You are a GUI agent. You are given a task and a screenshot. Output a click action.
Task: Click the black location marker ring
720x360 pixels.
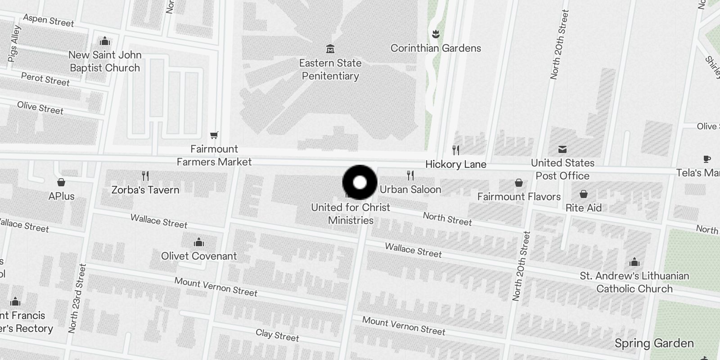tap(360, 183)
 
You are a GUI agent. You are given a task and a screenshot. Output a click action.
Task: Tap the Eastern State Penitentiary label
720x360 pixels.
tap(330, 69)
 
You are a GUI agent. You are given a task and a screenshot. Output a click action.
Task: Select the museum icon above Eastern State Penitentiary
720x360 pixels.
tap(330, 49)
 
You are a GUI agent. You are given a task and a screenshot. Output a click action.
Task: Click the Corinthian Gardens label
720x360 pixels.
tap(436, 48)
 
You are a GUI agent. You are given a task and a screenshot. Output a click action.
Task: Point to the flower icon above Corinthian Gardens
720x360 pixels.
tap(435, 34)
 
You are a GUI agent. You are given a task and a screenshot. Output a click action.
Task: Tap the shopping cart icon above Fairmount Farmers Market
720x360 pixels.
tap(214, 135)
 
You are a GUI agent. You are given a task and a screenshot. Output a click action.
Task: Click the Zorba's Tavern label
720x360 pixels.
tap(145, 190)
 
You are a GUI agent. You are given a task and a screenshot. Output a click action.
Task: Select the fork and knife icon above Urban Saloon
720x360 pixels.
tap(410, 175)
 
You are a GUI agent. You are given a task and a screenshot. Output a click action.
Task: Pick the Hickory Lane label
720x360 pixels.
tap(456, 164)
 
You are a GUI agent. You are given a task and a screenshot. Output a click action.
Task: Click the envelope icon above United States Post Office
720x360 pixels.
tap(562, 149)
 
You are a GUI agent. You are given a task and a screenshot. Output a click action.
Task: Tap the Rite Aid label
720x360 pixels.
tap(584, 208)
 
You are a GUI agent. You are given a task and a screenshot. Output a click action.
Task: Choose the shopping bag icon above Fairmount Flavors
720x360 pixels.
tap(519, 183)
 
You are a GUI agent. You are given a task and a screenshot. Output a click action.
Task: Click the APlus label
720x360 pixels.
tap(62, 196)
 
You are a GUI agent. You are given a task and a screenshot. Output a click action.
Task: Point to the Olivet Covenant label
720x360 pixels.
tap(199, 256)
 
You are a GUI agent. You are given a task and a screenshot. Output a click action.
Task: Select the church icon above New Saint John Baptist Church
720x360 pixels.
tap(105, 41)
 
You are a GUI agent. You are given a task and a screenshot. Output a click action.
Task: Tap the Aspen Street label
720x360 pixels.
tap(49, 20)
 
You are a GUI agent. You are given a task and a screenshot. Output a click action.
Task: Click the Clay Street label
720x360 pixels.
tap(277, 335)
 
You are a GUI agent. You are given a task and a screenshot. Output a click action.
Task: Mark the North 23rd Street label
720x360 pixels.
tap(76, 298)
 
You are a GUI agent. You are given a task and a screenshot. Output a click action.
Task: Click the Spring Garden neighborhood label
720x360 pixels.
tap(654, 343)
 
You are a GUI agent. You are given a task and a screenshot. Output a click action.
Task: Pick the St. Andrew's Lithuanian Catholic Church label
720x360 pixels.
tap(634, 282)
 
